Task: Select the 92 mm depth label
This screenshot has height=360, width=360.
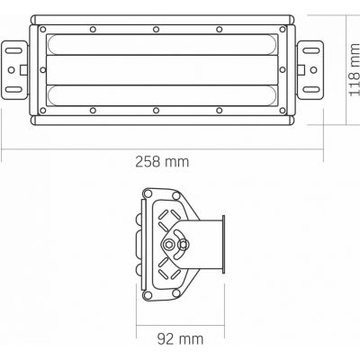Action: [179, 339]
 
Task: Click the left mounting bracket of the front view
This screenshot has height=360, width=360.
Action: [14, 67]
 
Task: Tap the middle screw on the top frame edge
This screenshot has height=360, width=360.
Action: [157, 29]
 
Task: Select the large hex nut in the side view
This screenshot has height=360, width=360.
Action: [168, 245]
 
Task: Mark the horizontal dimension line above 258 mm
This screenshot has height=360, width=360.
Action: [162, 148]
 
